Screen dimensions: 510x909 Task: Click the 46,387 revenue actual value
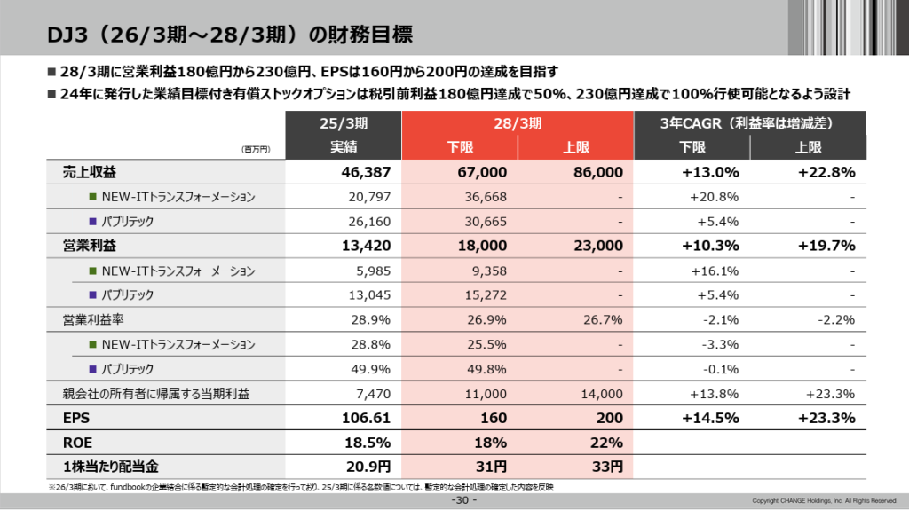pos(366,172)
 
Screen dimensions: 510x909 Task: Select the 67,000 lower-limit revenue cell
pos(482,172)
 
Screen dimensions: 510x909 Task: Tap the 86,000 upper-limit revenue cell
pos(597,172)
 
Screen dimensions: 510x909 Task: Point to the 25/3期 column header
pos(344,124)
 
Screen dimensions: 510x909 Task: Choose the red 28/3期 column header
pos(518,124)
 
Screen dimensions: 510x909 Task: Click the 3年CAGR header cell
pos(750,124)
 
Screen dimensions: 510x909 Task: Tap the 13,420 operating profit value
pos(366,246)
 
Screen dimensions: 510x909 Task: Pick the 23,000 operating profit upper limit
pos(597,246)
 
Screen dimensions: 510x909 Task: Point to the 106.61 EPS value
pos(366,418)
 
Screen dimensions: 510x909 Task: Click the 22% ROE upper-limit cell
pos(607,442)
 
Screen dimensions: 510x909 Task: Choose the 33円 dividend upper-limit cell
pos(607,466)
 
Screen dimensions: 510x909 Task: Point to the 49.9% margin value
pos(372,368)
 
